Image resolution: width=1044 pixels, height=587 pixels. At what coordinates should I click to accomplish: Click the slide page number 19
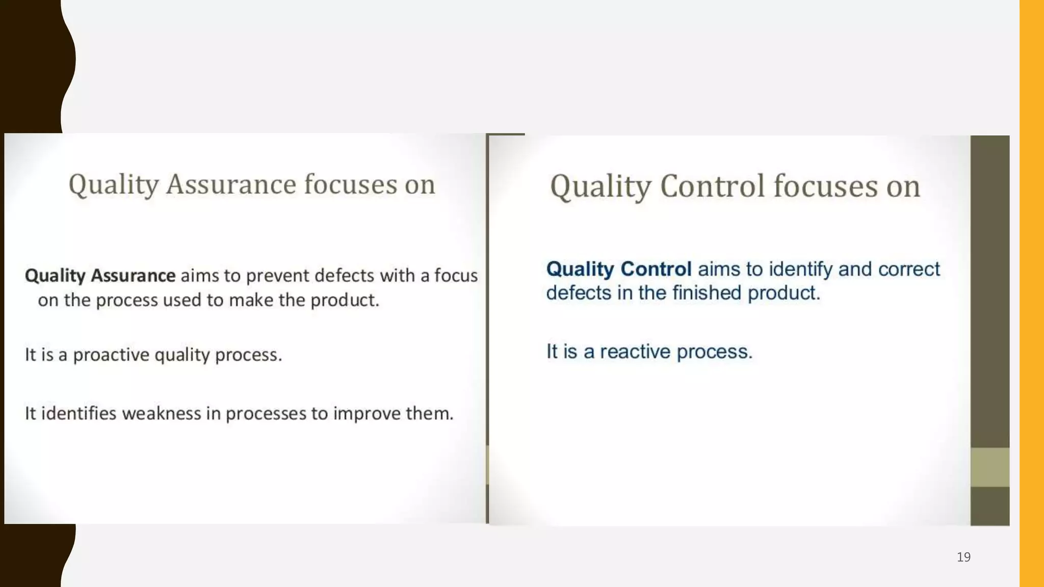[x=963, y=557]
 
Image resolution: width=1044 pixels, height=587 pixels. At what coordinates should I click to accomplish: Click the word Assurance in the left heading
[x=230, y=184]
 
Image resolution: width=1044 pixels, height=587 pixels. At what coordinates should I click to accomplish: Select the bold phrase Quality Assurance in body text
[x=100, y=276]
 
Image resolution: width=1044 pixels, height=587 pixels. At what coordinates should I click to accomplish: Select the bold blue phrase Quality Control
[x=618, y=269]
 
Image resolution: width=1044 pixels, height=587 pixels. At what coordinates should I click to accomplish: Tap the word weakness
[x=162, y=413]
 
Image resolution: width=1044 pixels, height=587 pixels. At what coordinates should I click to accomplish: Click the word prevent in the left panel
[x=278, y=276]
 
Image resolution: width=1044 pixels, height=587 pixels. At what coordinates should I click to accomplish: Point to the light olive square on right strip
[x=989, y=467]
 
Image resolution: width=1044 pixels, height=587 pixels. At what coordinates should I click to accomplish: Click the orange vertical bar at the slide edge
[x=1031, y=293]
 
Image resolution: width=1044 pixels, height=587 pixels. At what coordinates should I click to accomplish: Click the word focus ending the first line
[x=456, y=276]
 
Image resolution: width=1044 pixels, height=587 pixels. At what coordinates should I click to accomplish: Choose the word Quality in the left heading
[x=114, y=184]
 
